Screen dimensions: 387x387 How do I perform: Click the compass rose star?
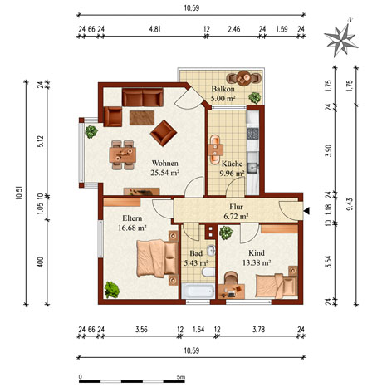click(340, 40)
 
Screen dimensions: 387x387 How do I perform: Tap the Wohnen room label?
click(165, 163)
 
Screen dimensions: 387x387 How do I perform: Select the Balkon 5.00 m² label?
click(223, 93)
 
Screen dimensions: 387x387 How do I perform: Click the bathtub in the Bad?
click(198, 291)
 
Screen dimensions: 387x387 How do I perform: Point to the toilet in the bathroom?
click(209, 272)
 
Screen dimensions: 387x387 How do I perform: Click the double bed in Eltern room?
click(157, 258)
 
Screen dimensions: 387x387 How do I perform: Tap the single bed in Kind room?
click(277, 286)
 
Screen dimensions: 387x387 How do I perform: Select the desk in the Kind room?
click(232, 291)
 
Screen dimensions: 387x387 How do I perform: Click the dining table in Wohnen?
click(123, 154)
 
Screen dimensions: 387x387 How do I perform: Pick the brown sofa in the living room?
click(143, 97)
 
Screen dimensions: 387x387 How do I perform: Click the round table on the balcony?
click(243, 77)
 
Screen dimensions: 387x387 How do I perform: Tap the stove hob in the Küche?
click(252, 134)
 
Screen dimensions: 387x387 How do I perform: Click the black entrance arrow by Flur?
click(306, 211)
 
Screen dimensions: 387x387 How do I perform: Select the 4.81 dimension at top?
click(154, 29)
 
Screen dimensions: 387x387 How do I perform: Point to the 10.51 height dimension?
click(19, 193)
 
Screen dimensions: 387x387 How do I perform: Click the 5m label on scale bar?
click(181, 377)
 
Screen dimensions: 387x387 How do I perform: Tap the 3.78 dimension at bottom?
click(258, 330)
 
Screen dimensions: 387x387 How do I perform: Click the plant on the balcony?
click(255, 97)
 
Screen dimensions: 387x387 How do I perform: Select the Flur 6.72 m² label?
click(236, 212)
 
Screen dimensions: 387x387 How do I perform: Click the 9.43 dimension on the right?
click(350, 204)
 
